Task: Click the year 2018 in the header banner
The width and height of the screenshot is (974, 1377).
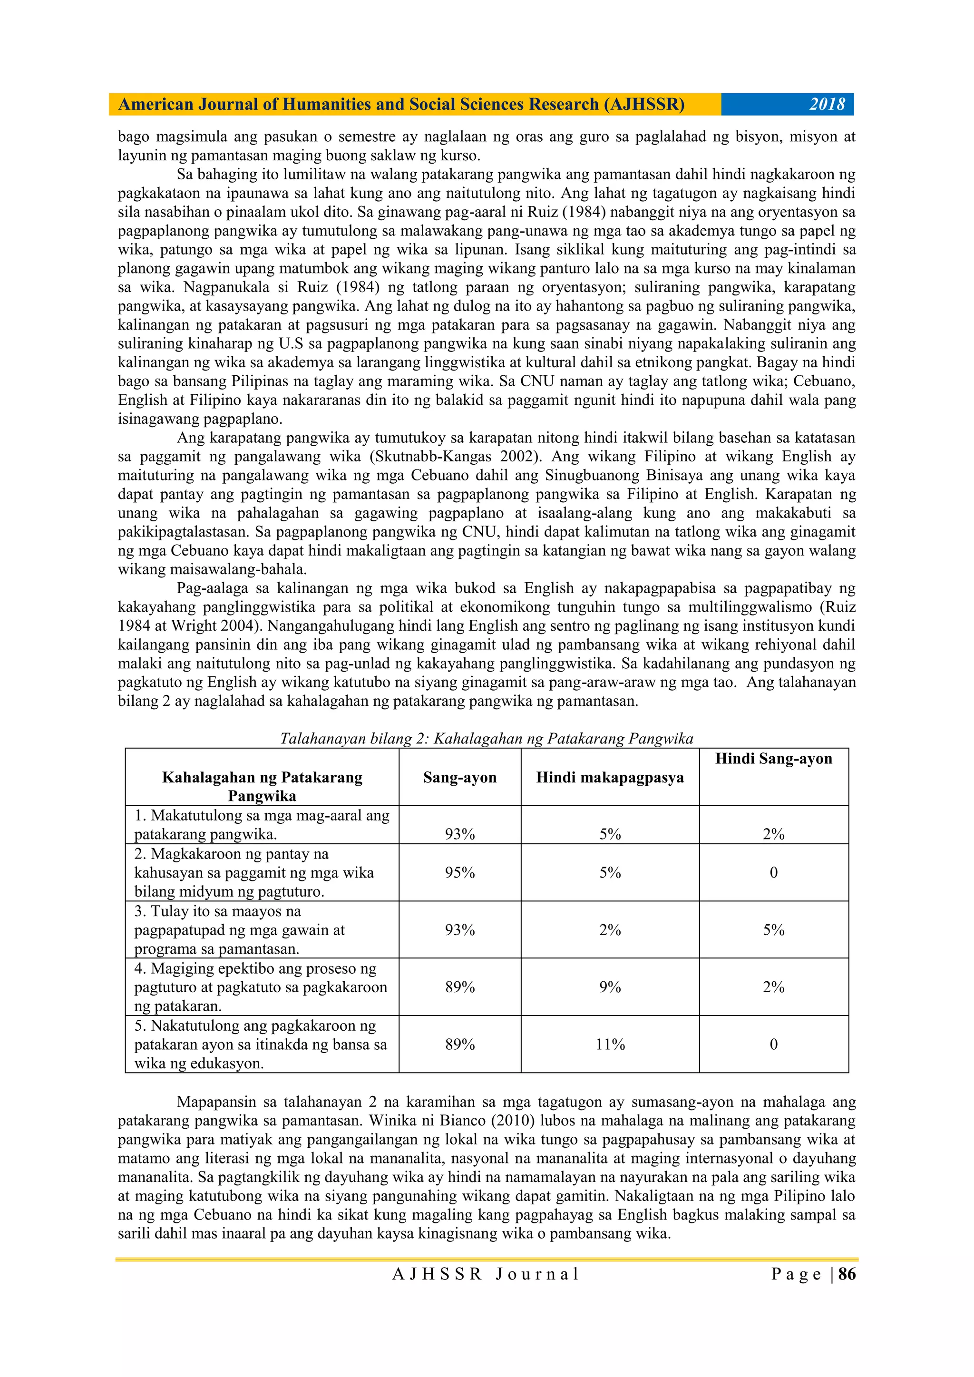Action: (x=827, y=104)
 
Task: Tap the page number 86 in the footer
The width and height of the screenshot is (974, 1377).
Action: (x=847, y=1274)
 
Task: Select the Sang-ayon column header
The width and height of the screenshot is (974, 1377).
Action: (x=459, y=777)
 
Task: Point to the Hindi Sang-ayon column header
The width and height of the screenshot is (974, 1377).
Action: (x=773, y=759)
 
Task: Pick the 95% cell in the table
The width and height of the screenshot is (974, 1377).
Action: (x=459, y=873)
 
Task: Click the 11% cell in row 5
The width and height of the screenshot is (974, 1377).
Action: (x=610, y=1044)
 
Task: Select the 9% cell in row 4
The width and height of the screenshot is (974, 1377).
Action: (x=610, y=987)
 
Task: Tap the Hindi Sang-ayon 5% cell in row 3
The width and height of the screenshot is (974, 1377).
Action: (x=773, y=929)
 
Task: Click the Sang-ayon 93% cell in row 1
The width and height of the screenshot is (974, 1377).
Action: (x=459, y=834)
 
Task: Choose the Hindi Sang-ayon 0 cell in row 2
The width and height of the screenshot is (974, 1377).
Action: (x=773, y=873)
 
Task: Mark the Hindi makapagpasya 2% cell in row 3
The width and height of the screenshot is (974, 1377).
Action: (x=610, y=929)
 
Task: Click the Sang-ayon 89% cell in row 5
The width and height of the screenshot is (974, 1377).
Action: (x=459, y=1044)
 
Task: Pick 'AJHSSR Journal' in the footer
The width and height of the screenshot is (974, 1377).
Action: (x=486, y=1274)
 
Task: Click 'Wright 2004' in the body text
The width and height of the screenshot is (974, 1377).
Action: (x=214, y=625)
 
